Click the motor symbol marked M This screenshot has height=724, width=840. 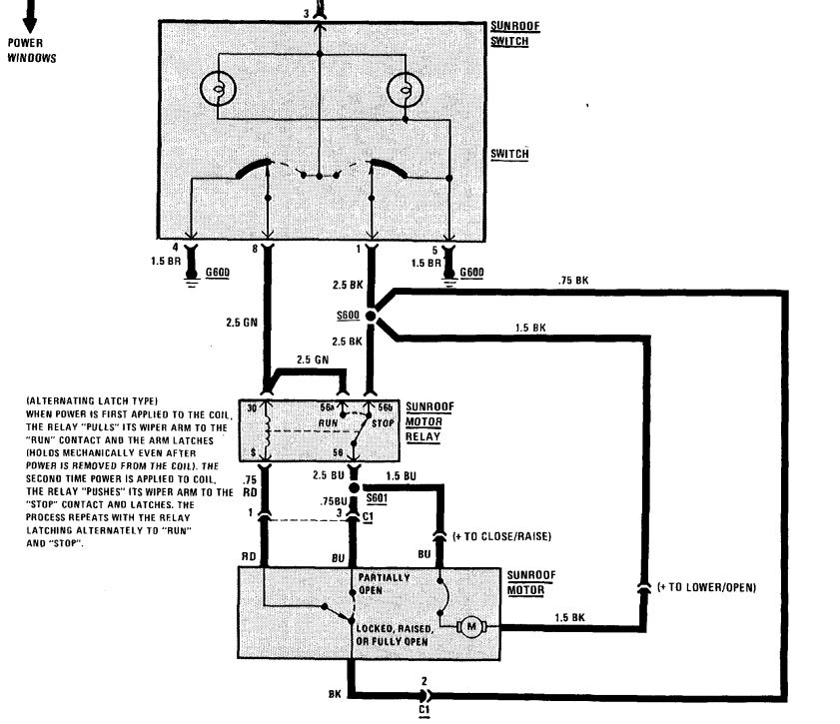point(470,627)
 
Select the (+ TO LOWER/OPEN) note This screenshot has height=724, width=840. point(707,587)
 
